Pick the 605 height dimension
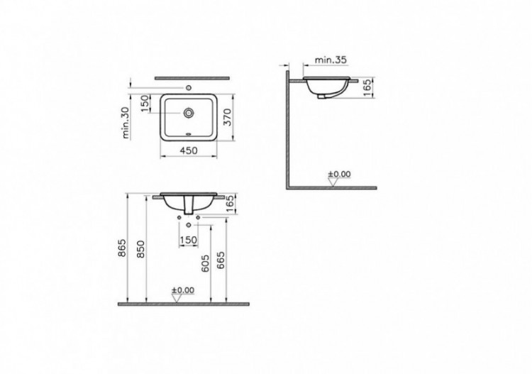coord(204,264)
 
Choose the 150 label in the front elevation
coord(187,240)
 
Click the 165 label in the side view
coord(366,89)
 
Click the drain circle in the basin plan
coord(189,112)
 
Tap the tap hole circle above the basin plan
coord(189,88)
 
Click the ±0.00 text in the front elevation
coord(182,290)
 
